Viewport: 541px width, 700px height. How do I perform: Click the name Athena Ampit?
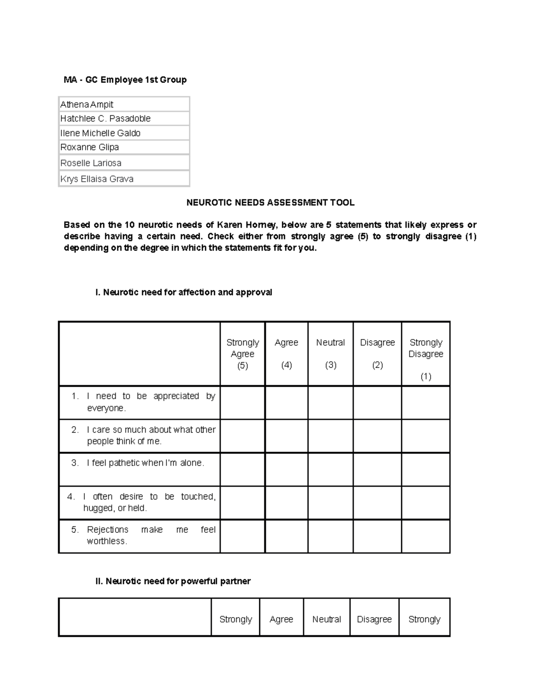pos(87,105)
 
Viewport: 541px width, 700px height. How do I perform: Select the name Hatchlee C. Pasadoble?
pos(105,119)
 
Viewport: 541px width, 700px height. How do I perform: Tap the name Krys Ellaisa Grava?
pos(97,179)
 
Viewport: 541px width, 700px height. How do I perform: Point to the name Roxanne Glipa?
pos(90,147)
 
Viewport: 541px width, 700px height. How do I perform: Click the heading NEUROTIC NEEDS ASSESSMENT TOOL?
pos(270,203)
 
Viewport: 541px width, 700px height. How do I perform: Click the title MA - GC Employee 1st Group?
pos(125,80)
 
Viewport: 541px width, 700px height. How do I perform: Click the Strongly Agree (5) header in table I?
pos(243,354)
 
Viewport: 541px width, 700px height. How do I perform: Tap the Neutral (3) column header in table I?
pos(330,353)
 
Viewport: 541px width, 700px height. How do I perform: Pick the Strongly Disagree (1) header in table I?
pos(426,359)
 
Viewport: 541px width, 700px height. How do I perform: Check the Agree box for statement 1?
pos(287,403)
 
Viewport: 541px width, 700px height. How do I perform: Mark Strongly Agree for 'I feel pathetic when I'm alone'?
pos(243,469)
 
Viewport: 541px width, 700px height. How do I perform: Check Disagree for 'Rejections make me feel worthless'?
pos(377,536)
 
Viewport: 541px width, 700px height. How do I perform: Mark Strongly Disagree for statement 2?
pos(426,436)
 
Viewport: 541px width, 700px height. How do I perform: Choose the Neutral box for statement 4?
pos(330,503)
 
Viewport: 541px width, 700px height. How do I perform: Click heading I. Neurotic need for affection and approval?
pos(183,293)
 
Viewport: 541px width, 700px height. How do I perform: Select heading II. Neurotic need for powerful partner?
pos(173,581)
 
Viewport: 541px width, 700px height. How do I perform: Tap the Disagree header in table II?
pos(374,619)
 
